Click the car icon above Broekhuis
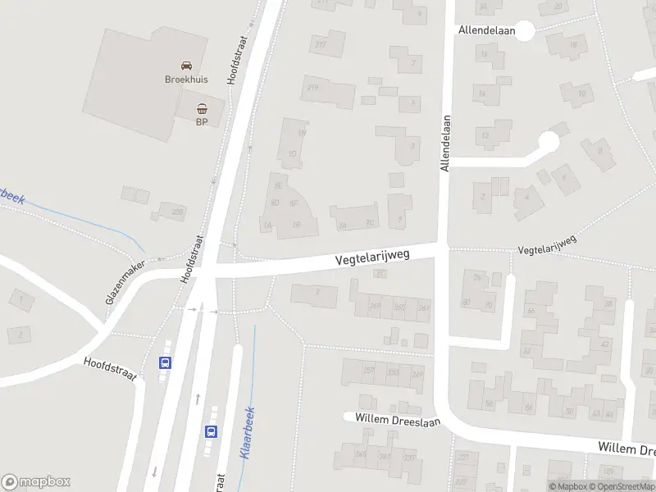pos(187,65)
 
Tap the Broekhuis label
pos(187,80)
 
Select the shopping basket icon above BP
pos(202,107)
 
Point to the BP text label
pos(202,122)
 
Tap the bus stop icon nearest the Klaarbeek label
pos(212,431)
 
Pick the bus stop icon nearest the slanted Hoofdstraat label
pos(165,362)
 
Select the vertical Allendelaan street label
pos(447,142)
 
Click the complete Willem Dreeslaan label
pos(398,420)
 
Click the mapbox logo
pos(36,481)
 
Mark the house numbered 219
pos(312,88)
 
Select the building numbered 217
pos(320,44)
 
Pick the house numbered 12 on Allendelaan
pos(485,134)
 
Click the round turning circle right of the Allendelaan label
pos(525,30)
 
